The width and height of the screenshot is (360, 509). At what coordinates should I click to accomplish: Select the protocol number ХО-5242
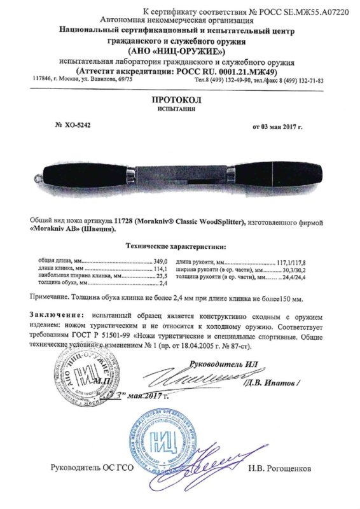click(78, 125)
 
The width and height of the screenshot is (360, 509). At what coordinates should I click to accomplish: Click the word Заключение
click(57, 316)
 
